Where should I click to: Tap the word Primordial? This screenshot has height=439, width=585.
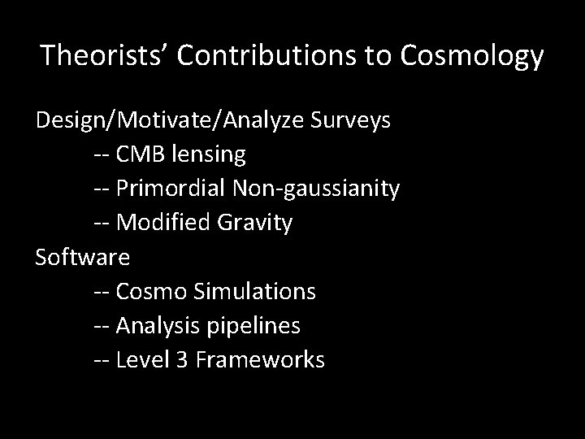tap(171, 189)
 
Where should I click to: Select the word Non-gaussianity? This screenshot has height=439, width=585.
tap(316, 189)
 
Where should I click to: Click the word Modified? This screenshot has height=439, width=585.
tap(162, 223)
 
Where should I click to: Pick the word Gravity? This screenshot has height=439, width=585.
tap(253, 223)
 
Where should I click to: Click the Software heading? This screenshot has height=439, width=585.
tap(82, 257)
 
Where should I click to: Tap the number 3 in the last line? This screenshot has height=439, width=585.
tap(181, 359)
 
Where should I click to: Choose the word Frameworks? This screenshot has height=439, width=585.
tap(261, 359)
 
